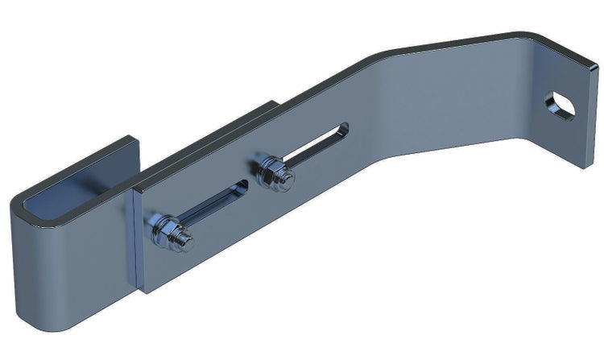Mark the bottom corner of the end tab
[x=592, y=166]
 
